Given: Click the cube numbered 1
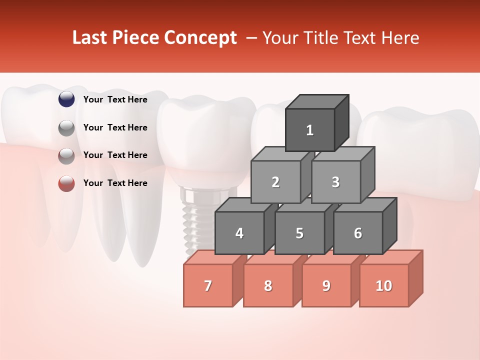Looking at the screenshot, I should click(310, 130).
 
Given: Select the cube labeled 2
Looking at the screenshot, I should click(275, 182).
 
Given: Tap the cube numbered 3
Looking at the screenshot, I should click(335, 182).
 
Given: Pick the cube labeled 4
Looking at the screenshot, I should click(239, 233).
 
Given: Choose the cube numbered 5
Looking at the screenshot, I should click(299, 233).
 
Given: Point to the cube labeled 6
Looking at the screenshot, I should click(358, 233).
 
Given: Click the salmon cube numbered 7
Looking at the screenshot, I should click(208, 285).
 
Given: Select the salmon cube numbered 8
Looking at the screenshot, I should click(268, 285).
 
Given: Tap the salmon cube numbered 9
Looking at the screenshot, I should click(326, 285).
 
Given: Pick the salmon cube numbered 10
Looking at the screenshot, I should click(384, 285).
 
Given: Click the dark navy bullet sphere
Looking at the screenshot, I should click(66, 99).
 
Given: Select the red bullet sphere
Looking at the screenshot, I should click(66, 183).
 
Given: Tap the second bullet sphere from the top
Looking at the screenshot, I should click(66, 128).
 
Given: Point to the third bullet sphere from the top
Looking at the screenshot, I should click(66, 156).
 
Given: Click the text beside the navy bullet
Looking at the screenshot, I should click(115, 99).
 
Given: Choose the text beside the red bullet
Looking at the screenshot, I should click(115, 183).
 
